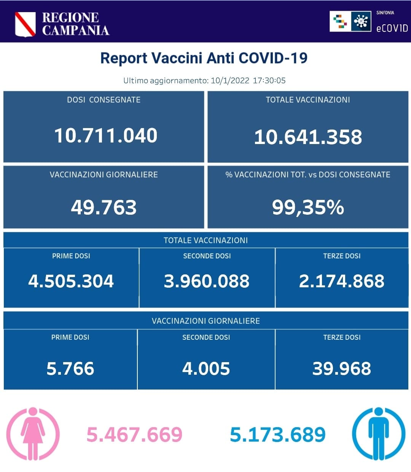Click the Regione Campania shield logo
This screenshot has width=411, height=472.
click(x=25, y=24)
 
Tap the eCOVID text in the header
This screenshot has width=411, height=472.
click(x=392, y=28)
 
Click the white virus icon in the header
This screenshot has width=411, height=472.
click(x=361, y=21)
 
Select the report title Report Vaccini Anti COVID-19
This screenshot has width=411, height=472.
click(x=204, y=58)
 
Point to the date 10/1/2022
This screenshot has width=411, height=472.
click(x=230, y=81)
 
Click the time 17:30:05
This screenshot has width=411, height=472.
click(x=269, y=81)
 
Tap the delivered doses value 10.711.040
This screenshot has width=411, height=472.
click(x=105, y=136)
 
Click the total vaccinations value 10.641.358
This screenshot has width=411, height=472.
click(x=308, y=137)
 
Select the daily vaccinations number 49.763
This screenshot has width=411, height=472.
click(x=104, y=207)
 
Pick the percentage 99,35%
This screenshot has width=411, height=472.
click(x=308, y=207)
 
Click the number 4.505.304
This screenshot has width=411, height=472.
click(x=71, y=281)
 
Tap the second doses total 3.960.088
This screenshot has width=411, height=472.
click(x=207, y=281)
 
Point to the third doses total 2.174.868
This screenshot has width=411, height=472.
click(x=341, y=281)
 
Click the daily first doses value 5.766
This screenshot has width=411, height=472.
click(x=70, y=369)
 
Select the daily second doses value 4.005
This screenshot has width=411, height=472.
click(x=206, y=369)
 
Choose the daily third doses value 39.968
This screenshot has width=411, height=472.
click(x=341, y=369)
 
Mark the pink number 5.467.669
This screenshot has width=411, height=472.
click(x=134, y=435)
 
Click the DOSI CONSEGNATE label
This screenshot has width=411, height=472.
click(x=104, y=100)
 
